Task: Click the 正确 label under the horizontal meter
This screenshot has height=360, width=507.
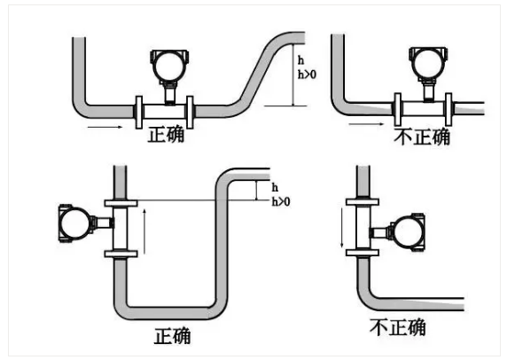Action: (168, 137)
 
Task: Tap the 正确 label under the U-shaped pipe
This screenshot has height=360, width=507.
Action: (172, 337)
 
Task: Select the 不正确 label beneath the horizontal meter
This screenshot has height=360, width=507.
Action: (420, 137)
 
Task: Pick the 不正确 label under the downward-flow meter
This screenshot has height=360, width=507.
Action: (399, 327)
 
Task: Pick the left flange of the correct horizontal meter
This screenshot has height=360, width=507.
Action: (139, 109)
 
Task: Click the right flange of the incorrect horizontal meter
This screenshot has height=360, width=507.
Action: (456, 109)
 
